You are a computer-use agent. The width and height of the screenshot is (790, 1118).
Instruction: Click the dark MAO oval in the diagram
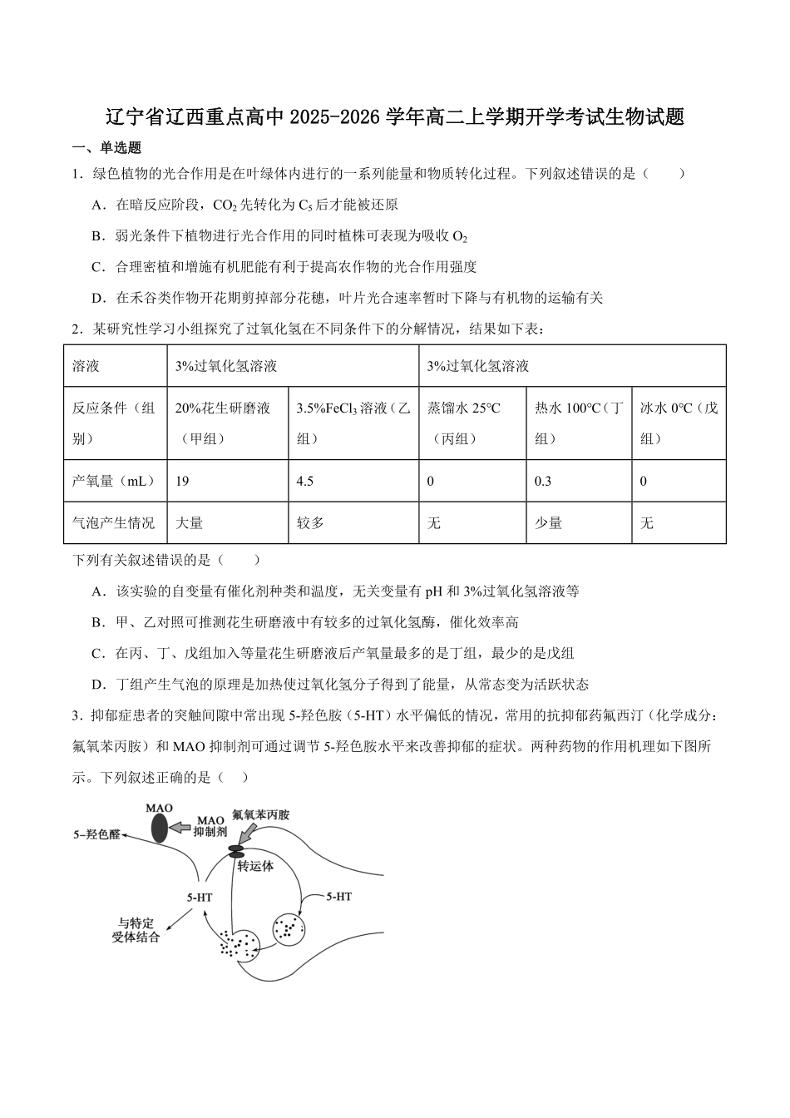point(159,828)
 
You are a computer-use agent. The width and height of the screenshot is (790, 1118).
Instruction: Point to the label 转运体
point(255,865)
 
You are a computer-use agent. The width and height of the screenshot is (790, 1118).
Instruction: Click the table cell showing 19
point(183,481)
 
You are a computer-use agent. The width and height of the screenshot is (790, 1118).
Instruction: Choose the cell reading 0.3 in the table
point(543,481)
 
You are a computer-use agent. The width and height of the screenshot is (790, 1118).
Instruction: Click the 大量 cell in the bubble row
point(190,522)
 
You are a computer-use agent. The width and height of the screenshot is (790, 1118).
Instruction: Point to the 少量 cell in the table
point(549,522)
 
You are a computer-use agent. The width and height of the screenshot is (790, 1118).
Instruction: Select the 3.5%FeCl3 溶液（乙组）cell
point(353,423)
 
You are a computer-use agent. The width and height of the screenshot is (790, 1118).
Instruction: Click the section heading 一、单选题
point(107,147)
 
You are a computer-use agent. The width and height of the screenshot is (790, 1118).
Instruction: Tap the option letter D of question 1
point(97,297)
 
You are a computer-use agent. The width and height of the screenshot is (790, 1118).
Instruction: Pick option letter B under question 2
point(97,622)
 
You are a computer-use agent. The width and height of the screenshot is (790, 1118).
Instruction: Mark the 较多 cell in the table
point(311,522)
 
